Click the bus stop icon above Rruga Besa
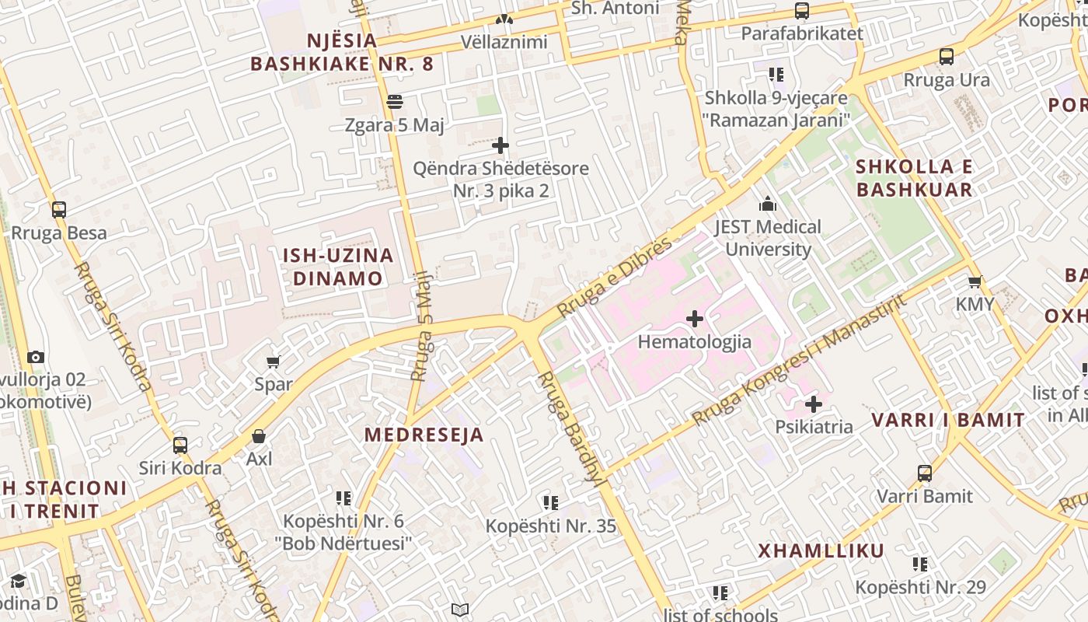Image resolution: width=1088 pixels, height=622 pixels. (59, 209)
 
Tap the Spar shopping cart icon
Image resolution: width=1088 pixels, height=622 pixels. (274, 362)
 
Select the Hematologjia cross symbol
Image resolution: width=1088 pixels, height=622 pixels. (695, 319)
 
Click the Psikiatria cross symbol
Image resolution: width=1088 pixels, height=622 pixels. (814, 404)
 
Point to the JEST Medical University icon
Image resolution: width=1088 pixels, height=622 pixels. (768, 204)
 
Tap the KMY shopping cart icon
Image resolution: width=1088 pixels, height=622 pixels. (975, 281)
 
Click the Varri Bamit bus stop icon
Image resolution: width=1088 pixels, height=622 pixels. (925, 473)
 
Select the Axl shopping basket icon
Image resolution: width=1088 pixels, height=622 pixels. (259, 437)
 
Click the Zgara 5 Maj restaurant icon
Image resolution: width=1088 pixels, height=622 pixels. (395, 102)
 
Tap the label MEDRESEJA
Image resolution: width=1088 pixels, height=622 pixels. (424, 435)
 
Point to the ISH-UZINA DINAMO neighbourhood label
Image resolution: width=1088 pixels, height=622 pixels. (338, 267)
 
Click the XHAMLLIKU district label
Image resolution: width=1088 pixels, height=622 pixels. (821, 551)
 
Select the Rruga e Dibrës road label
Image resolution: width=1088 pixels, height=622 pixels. (614, 278)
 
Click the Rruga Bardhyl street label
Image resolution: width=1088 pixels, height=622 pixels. (571, 428)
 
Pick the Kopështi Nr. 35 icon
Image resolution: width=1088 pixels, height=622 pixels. (551, 503)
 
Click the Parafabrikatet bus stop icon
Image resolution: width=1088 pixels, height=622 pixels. (802, 11)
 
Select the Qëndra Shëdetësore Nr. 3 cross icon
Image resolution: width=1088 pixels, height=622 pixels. (501, 145)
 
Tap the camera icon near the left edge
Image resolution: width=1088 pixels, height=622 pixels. (36, 358)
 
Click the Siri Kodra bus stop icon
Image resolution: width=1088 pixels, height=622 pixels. (180, 446)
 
